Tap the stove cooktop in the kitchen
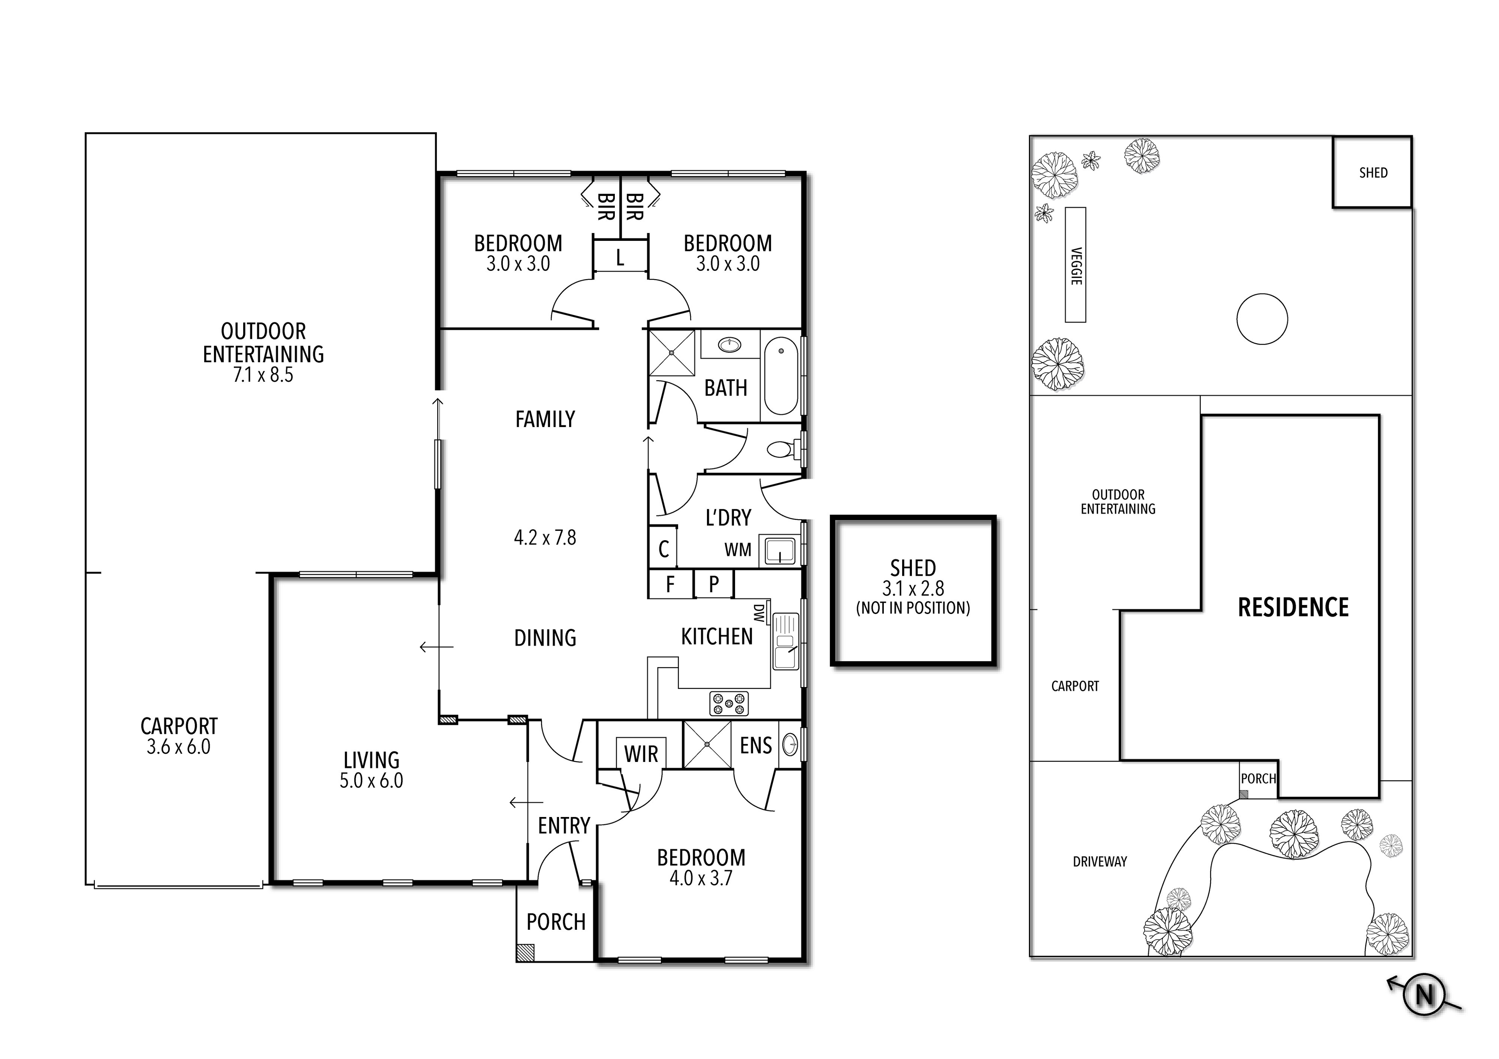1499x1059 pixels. pos(728,703)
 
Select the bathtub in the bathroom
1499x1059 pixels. pos(781,376)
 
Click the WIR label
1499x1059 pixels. pos(641,754)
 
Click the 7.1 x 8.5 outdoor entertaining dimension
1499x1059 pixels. pos(263,375)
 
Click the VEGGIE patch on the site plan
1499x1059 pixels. pos(1075,265)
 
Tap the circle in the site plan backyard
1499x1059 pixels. pos(1262,319)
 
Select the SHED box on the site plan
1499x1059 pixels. pos(1373,173)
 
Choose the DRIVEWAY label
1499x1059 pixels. pos(1099,862)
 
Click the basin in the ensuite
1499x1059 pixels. pos(790,744)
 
